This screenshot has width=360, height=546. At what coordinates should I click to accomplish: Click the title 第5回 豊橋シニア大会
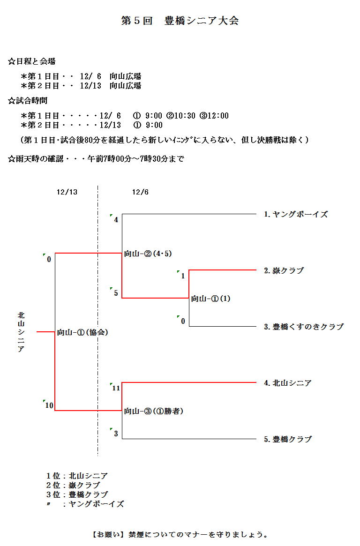tap(180, 21)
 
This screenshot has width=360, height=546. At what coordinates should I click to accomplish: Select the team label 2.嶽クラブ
tap(284, 270)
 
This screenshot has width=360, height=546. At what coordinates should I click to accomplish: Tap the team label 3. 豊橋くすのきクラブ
tap(303, 327)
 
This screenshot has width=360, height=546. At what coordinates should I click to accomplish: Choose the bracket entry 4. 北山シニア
tap(287, 383)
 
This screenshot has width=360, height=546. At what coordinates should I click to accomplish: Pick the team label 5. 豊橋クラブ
tap(287, 439)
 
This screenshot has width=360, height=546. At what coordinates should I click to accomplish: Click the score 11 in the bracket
tap(116, 388)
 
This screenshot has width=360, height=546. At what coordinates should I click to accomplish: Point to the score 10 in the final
tap(49, 405)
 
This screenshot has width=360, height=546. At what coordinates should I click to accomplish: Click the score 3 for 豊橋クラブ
tap(116, 434)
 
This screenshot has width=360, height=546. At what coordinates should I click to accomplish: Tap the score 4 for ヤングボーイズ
tap(116, 219)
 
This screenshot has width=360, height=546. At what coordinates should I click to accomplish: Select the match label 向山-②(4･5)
tap(148, 254)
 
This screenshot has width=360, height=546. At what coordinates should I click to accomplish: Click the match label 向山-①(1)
tap(210, 299)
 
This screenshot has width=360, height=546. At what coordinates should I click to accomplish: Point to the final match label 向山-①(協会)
tap(82, 332)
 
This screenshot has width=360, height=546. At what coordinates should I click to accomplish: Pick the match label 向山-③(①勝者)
tap(153, 411)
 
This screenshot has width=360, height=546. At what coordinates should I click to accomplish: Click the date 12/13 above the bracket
tap(67, 192)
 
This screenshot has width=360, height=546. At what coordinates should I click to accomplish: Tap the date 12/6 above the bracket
tap(140, 192)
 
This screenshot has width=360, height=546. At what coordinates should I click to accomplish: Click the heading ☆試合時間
tap(28, 100)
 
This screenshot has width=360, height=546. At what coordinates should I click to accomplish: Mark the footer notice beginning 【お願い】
tap(180, 534)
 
